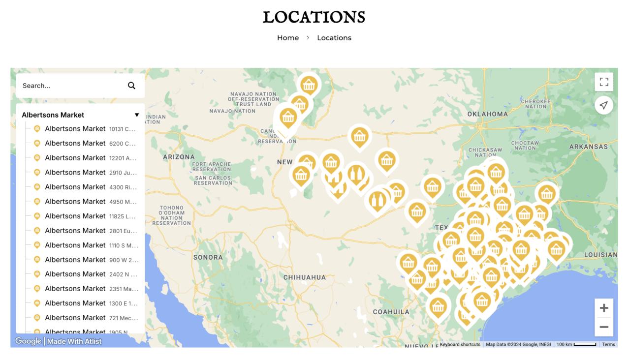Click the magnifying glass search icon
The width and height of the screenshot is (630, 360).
pos(131,86)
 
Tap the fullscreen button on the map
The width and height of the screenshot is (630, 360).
pos(604,82)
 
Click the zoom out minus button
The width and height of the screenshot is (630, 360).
pos(604,327)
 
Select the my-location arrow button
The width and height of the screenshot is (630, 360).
pos(604,105)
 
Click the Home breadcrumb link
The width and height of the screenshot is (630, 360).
pos(288,38)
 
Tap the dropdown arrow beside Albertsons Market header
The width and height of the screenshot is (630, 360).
pos(137,115)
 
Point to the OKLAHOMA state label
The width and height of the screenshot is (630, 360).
pos(487,114)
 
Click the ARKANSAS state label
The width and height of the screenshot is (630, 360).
pos(588,147)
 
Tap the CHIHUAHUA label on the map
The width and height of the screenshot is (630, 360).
pos(305,277)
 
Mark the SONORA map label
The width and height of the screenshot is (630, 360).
pos(208,257)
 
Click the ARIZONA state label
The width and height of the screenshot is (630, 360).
pos(179,157)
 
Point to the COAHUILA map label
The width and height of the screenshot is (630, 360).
pos(391,312)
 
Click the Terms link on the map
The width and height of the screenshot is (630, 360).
pos(608,344)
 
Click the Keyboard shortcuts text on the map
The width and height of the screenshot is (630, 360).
pos(460,344)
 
